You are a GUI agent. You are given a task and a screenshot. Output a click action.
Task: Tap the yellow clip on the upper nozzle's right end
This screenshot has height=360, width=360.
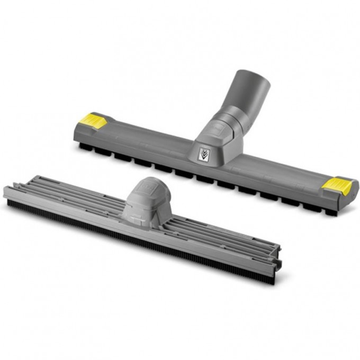(x=338, y=185)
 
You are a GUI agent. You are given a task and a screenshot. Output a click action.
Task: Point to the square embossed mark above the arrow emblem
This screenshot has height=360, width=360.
(x=210, y=129)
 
